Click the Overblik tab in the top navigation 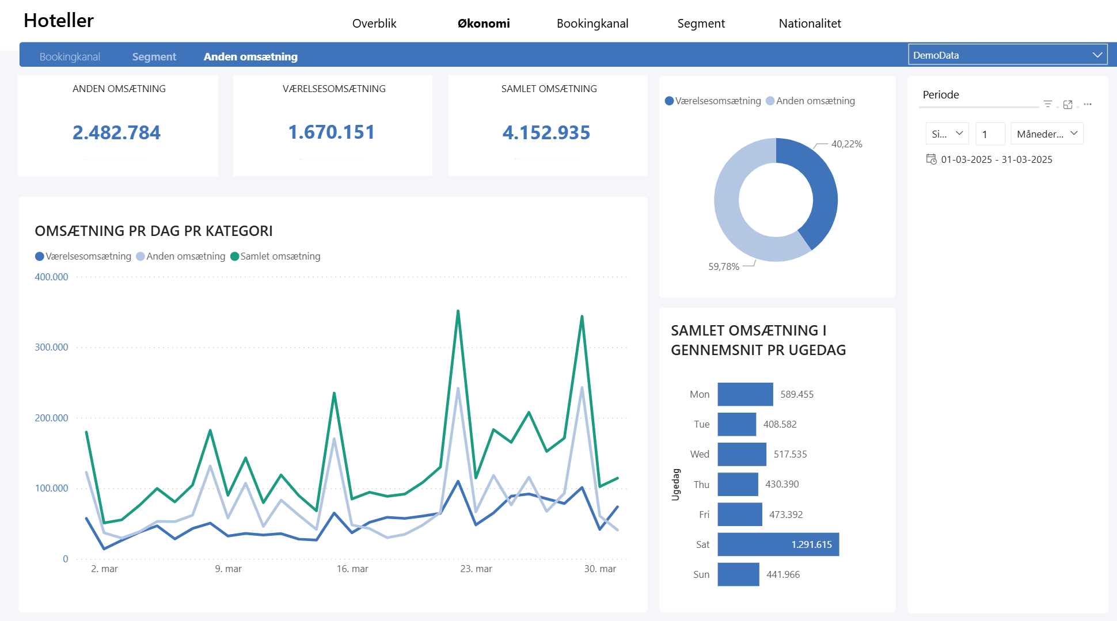click(374, 24)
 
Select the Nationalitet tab click(810, 24)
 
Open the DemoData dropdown click(1008, 55)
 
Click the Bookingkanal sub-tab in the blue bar click(70, 57)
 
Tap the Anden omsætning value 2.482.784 click(116, 132)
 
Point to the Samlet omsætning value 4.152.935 click(546, 132)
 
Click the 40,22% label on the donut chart click(846, 144)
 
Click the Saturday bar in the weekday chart click(778, 544)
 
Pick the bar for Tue click(736, 424)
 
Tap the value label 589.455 click(797, 394)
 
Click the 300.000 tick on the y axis click(51, 347)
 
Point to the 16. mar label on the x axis click(352, 569)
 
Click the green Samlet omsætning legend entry click(275, 256)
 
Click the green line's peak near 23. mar click(458, 311)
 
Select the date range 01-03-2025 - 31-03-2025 click(997, 159)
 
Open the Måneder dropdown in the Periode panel click(1047, 134)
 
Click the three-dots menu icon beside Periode click(1087, 104)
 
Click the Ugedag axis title click(676, 485)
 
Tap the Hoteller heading click(59, 21)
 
